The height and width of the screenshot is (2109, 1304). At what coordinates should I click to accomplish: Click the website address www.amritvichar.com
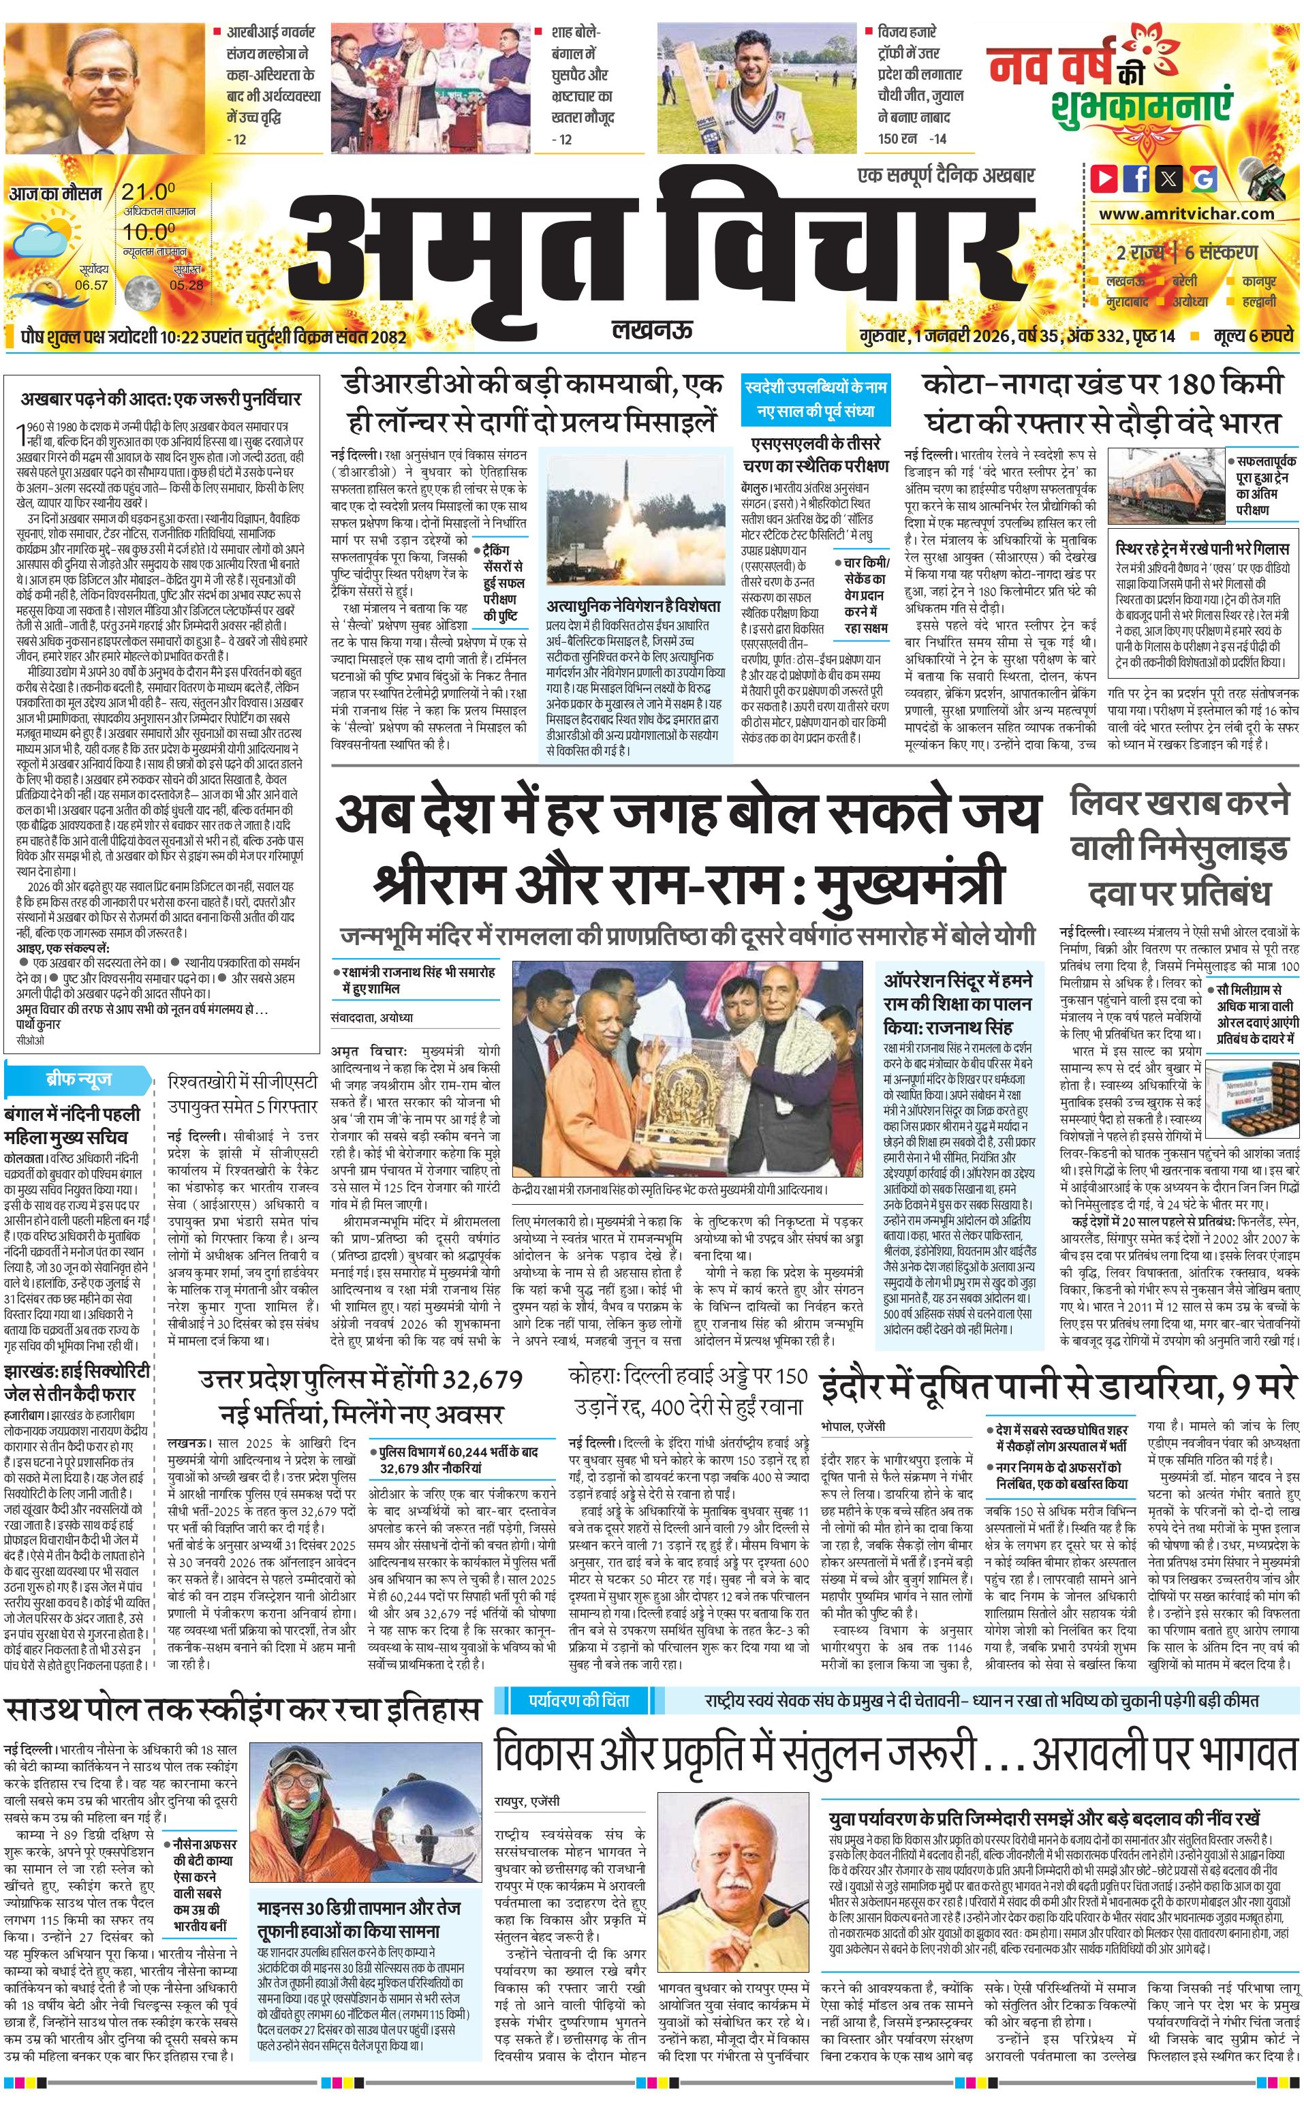[1186, 213]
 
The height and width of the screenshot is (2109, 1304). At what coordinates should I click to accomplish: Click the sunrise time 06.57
[91, 285]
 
